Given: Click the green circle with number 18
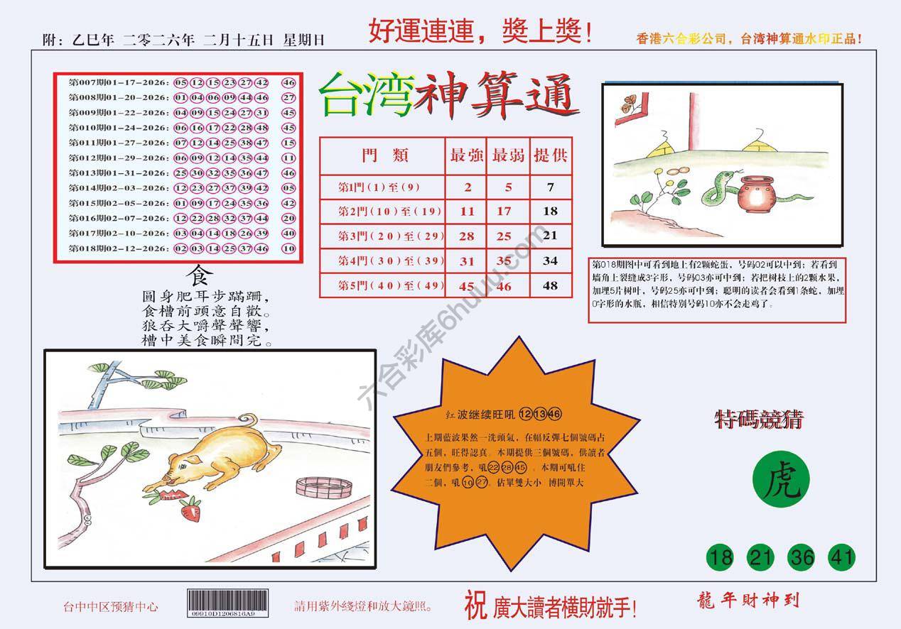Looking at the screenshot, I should coord(721,558).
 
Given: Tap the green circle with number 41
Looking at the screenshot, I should coord(841,558).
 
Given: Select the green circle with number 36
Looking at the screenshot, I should coord(802,558).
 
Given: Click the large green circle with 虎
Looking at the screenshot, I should coord(780,483).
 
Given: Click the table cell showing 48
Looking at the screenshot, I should coord(549,285).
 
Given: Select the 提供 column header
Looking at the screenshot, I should coord(550,155).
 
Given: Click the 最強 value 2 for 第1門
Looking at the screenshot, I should coord(467,187).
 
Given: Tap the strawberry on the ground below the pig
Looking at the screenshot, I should coord(190,510).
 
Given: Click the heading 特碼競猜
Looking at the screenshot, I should coord(758,420).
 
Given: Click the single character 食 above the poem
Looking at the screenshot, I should coord(197,274).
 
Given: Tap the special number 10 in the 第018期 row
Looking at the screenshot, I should coord(288,248).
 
